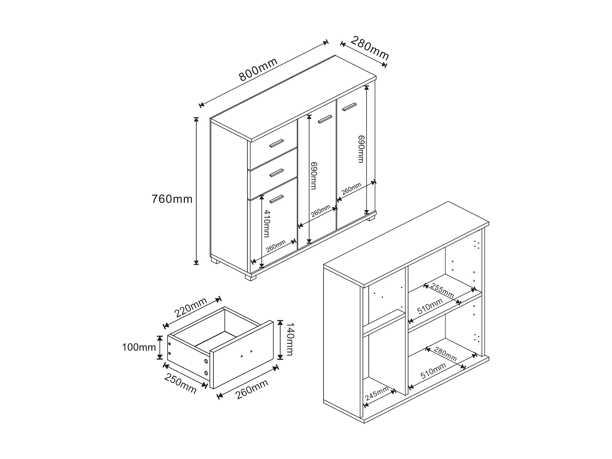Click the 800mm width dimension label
point(258,69)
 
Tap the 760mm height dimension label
point(172,199)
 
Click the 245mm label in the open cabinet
point(377,393)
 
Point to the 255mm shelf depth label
point(442,291)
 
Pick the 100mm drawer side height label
point(139,347)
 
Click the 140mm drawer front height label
point(290,339)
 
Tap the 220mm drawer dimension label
point(190,307)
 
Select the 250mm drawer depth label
point(180,383)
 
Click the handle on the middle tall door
point(325,119)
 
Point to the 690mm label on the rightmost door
point(361,149)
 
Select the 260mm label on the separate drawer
point(252,389)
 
